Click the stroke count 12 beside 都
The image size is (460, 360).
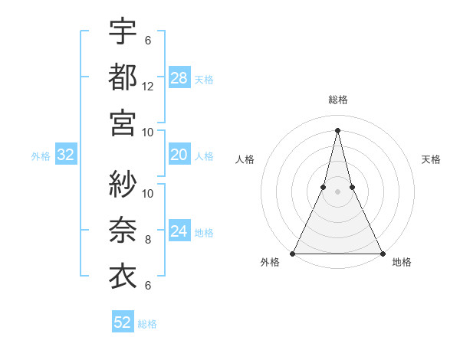[x=148, y=87]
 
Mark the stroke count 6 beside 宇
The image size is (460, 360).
[x=148, y=41]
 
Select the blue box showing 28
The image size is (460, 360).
[x=179, y=78]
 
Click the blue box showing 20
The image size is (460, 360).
[x=179, y=155]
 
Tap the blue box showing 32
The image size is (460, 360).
[x=66, y=155]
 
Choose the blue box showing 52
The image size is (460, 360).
[x=123, y=322]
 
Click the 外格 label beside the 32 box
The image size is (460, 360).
[x=41, y=156]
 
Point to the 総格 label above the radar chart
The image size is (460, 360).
[x=337, y=100]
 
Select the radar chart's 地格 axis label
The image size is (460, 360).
[x=402, y=263]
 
